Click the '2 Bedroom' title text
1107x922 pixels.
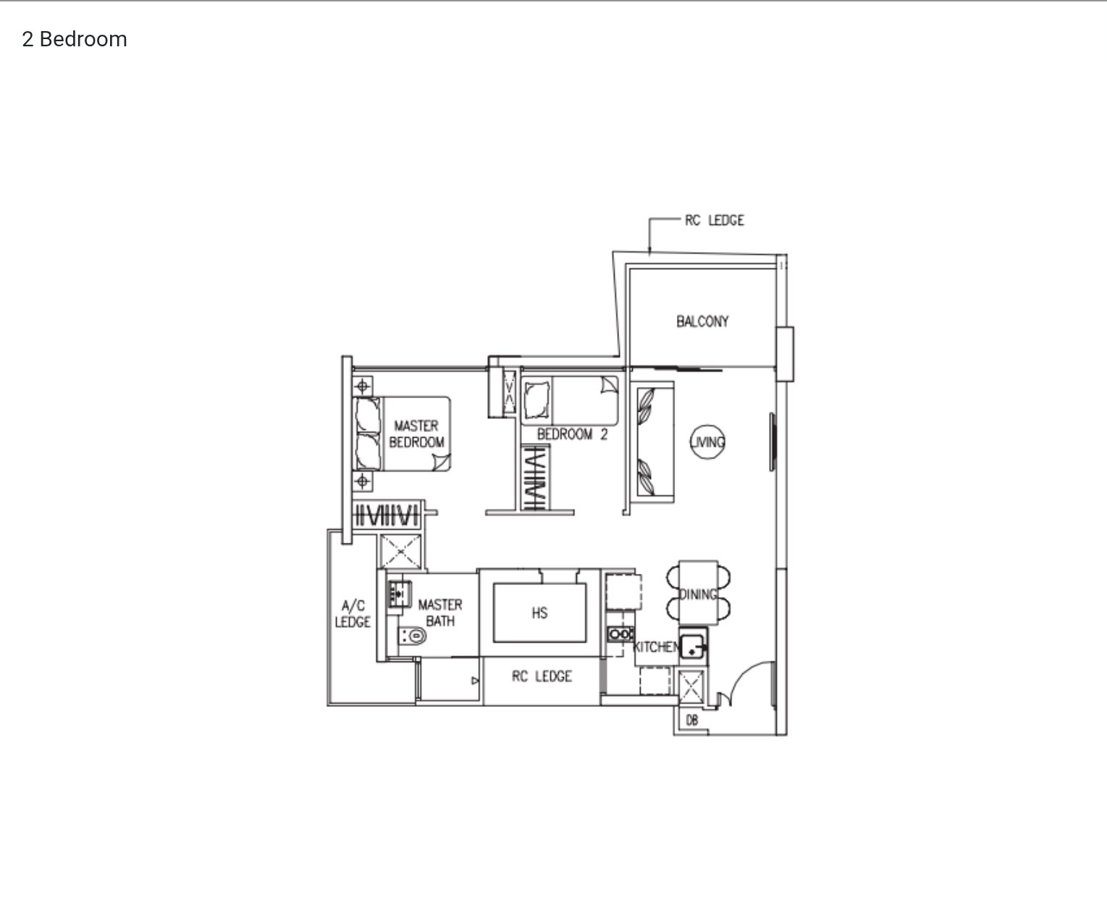click(75, 39)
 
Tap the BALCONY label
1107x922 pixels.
click(702, 321)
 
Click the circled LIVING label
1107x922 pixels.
click(707, 442)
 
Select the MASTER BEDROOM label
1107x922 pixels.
click(417, 433)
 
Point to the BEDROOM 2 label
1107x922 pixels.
click(572, 434)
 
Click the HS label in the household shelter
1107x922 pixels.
click(539, 613)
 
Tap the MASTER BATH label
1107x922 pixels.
click(440, 612)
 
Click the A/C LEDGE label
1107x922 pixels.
click(353, 614)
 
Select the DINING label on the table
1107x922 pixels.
click(698, 595)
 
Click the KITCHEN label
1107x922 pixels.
click(657, 646)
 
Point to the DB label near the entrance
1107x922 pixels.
click(692, 720)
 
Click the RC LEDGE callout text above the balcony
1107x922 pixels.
click(714, 220)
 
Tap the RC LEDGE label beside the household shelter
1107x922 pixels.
click(542, 676)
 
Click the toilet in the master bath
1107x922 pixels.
click(413, 635)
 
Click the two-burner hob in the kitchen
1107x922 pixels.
click(620, 634)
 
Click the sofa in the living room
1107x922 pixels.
click(655, 442)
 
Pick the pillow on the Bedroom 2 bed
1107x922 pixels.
click(536, 400)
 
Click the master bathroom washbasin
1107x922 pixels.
click(400, 594)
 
